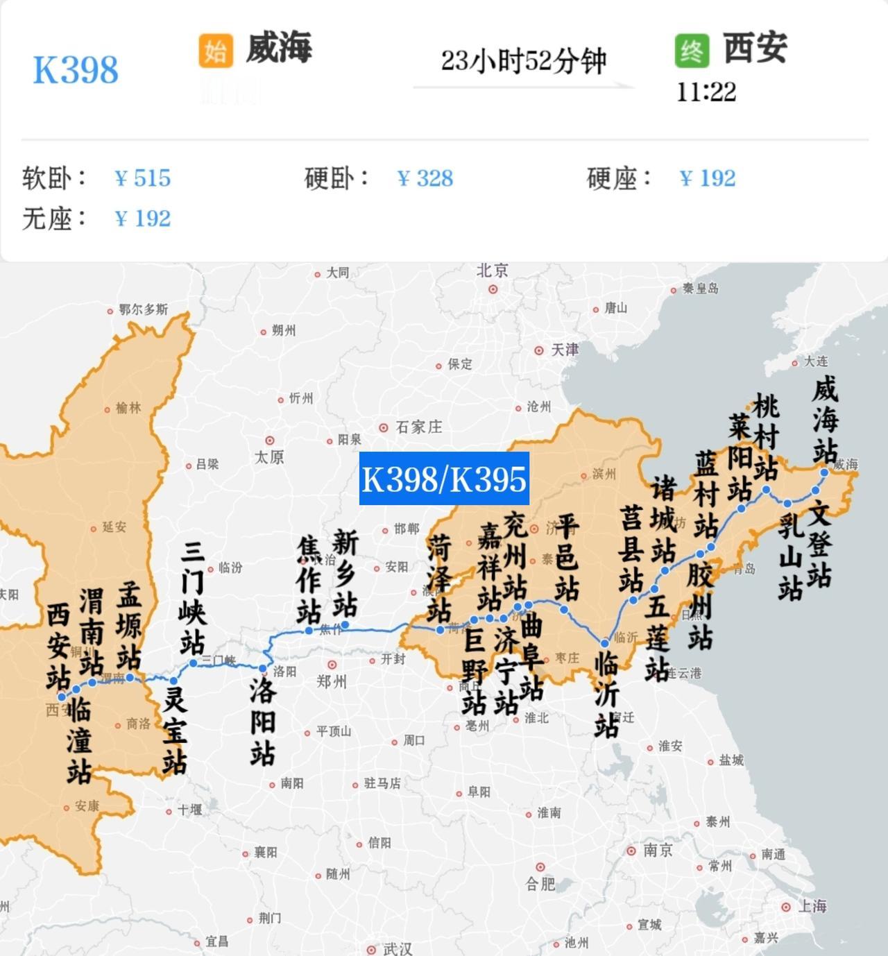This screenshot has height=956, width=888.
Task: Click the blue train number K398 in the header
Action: [x=76, y=70]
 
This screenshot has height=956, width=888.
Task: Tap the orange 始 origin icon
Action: [x=215, y=51]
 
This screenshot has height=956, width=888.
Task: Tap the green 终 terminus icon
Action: [x=692, y=51]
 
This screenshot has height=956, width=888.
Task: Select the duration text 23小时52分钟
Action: [x=524, y=61]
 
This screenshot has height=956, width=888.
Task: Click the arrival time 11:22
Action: [x=706, y=92]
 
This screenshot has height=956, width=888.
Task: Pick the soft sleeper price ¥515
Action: [x=142, y=178]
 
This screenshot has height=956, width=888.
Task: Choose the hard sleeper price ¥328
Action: [x=425, y=178]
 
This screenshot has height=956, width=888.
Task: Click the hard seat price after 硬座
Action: [x=707, y=178]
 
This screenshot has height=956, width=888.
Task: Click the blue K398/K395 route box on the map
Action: [x=444, y=478]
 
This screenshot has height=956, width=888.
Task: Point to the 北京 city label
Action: [x=493, y=271]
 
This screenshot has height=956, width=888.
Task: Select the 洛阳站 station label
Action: [x=263, y=722]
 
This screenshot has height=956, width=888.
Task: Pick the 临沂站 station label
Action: [x=606, y=694]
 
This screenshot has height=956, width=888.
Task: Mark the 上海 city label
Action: [x=812, y=906]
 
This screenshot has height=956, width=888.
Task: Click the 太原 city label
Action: [x=269, y=456]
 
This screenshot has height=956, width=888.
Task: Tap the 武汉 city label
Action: [x=398, y=948]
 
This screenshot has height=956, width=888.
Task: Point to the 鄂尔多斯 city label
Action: [x=143, y=309]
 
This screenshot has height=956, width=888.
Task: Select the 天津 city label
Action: [x=564, y=350]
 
